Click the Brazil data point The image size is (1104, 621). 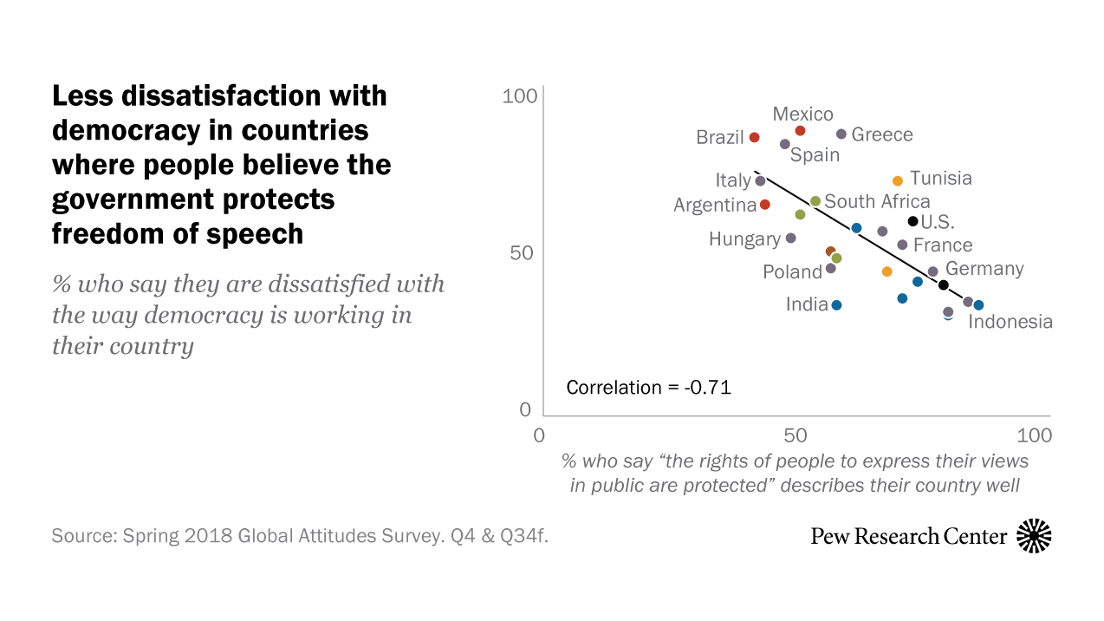tap(755, 138)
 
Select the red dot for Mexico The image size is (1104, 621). tap(801, 131)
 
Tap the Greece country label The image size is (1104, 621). tap(881, 134)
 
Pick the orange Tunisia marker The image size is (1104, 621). tap(898, 181)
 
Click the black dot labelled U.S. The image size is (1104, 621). tap(912, 221)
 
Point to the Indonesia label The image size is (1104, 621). tap(1010, 322)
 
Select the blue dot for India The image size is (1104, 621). tap(836, 305)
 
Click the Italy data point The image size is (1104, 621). tap(761, 181)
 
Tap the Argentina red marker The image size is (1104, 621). tap(765, 205)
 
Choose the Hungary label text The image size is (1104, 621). tap(744, 239)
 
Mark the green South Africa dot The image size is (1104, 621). tap(815, 201)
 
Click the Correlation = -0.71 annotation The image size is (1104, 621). tap(648, 388)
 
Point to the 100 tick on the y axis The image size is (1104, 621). tap(520, 96)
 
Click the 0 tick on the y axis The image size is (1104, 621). tap(525, 409)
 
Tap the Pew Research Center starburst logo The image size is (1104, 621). tap(1034, 536)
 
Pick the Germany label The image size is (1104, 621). tap(984, 269)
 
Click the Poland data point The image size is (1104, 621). tap(831, 269)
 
